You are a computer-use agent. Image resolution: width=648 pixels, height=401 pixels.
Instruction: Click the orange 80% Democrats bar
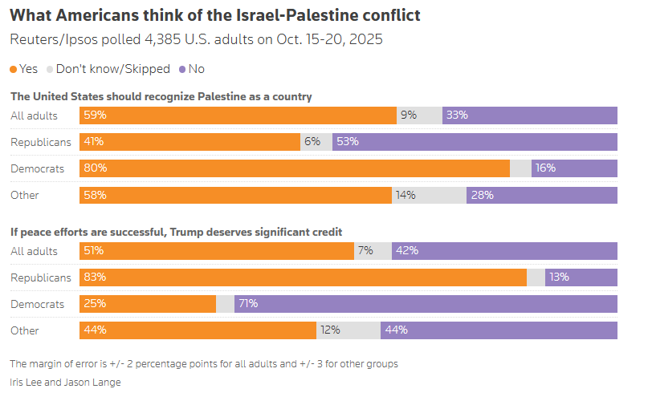pyautogui.click(x=294, y=168)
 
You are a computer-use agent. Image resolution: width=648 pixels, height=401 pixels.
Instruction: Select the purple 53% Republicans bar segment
pyautogui.click(x=475, y=142)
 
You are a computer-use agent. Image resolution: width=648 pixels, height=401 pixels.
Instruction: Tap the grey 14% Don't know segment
pyautogui.click(x=429, y=195)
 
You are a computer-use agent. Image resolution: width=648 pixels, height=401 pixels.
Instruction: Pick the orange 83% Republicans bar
pyautogui.click(x=303, y=277)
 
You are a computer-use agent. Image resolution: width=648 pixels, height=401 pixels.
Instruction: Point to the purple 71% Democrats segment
pyautogui.click(x=426, y=304)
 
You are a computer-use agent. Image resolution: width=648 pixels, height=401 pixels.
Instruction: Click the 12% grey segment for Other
pyautogui.click(x=348, y=330)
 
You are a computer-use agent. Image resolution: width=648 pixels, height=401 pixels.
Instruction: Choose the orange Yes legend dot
pyautogui.click(x=14, y=69)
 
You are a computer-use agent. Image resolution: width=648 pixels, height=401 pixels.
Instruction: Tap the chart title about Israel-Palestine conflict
pyautogui.click(x=214, y=15)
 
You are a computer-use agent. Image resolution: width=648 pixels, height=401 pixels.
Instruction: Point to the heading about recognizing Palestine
pyautogui.click(x=161, y=97)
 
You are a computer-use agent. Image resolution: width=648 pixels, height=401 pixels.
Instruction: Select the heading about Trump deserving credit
pyautogui.click(x=176, y=233)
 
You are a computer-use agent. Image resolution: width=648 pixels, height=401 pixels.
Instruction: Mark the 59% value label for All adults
pyautogui.click(x=94, y=115)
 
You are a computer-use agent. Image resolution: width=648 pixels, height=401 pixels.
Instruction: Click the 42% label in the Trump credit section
pyautogui.click(x=408, y=251)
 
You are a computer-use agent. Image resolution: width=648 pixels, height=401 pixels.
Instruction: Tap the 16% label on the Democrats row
pyautogui.click(x=545, y=168)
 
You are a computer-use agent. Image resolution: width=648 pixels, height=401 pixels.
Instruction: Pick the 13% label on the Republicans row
pyautogui.click(x=559, y=277)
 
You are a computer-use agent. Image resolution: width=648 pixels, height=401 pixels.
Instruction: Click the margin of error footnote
pyautogui.click(x=203, y=364)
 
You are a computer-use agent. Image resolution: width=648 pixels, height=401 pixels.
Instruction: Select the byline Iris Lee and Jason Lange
pyautogui.click(x=65, y=383)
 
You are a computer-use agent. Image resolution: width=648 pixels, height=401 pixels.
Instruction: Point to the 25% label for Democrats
pyautogui.click(x=94, y=304)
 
